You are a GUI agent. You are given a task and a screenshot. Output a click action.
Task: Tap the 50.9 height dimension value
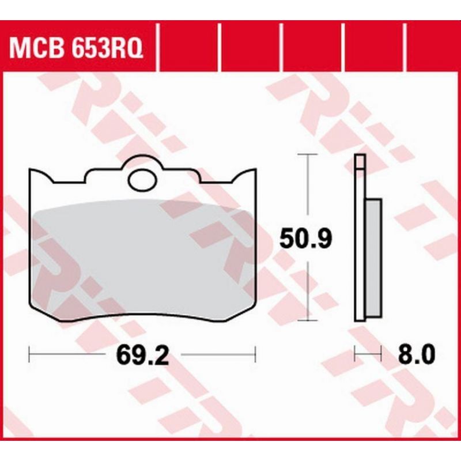pos(305,238)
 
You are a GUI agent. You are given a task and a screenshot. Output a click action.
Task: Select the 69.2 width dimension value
pos(143,355)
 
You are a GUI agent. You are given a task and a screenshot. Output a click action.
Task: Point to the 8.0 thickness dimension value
pos(416,355)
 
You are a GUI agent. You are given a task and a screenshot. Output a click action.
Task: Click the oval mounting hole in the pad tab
pos(142,180)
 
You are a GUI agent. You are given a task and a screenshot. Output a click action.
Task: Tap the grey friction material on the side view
pos(374,258)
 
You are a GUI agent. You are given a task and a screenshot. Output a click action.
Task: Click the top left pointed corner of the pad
pos(30,169)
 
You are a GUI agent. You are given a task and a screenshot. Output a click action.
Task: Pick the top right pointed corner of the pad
pos(255,169)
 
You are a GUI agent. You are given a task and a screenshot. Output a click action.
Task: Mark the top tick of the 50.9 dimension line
pos(308,154)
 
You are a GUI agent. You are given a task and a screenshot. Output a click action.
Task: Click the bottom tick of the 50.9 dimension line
pos(308,320)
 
